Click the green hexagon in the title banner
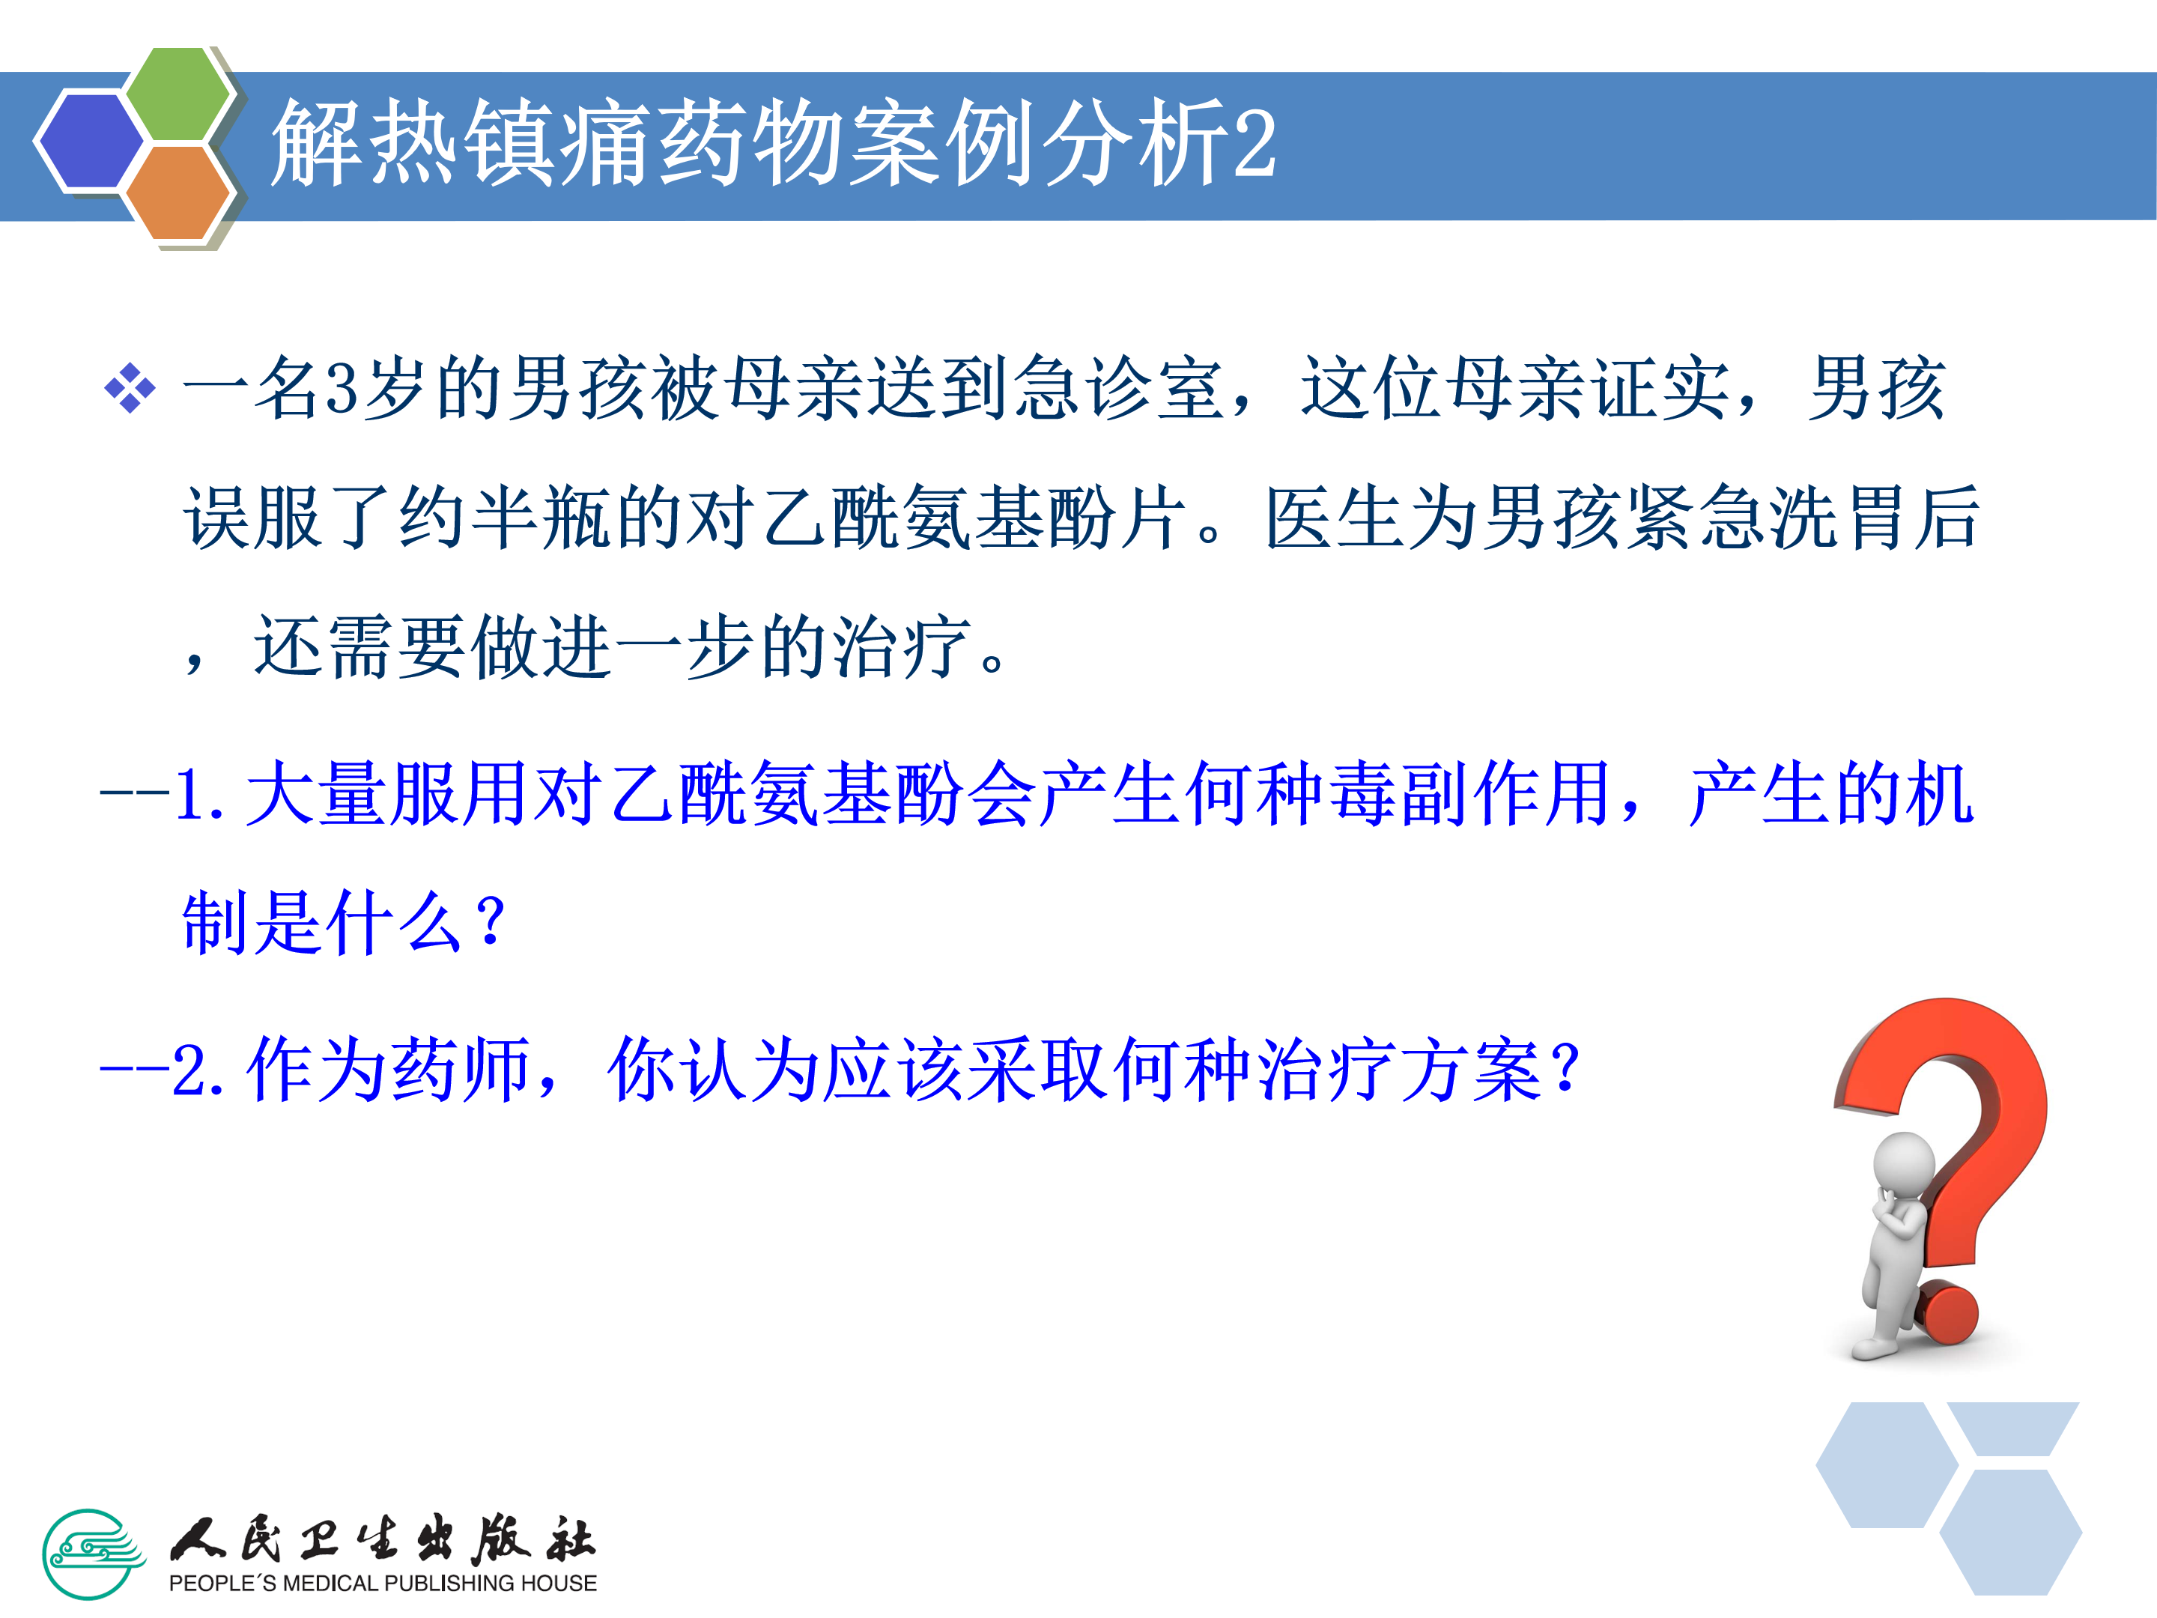178,94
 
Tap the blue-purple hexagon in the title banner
90,139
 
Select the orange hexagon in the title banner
178,192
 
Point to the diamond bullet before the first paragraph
130,388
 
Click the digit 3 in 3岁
342,388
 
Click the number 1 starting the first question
187,794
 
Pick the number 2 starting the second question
187,1070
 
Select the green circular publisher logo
94,1554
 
